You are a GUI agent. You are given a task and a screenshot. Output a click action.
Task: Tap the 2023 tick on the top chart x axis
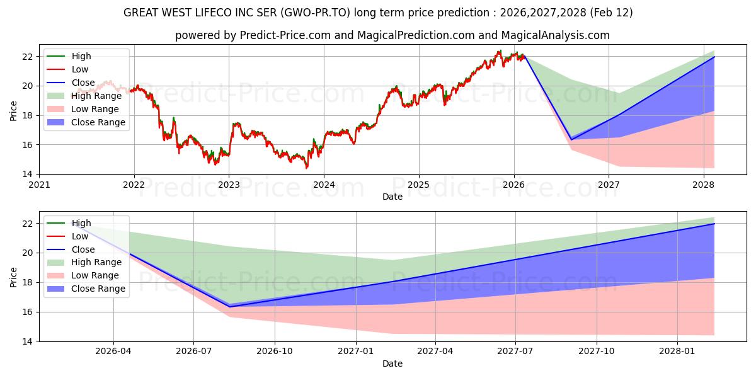click(229, 185)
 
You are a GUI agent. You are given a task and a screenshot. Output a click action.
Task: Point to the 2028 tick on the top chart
click(704, 185)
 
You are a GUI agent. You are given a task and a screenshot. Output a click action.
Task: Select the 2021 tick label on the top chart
click(39, 185)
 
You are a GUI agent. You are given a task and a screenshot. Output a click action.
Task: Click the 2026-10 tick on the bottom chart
click(275, 352)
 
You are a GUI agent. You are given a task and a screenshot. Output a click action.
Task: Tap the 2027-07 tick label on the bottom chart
click(515, 352)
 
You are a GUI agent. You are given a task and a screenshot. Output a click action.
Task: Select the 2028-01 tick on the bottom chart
click(677, 352)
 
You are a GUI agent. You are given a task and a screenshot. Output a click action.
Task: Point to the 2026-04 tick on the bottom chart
click(113, 352)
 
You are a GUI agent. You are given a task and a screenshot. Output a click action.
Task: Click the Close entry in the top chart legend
click(83, 83)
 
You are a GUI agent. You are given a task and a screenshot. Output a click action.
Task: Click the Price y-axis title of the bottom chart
click(14, 276)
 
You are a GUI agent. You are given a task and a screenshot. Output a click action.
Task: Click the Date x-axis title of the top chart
click(392, 197)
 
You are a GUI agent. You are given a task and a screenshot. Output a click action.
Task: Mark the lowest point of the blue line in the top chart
click(571, 139)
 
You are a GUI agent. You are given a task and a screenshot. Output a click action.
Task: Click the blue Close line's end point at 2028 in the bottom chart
click(714, 224)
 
